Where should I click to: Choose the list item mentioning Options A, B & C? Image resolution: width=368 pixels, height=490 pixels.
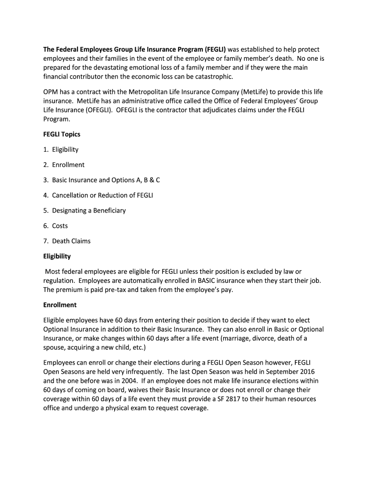[106, 180]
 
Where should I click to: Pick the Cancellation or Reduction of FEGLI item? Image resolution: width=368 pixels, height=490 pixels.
[102, 195]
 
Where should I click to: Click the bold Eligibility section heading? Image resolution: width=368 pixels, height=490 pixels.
[57, 256]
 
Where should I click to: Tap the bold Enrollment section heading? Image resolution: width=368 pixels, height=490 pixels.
[60, 305]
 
